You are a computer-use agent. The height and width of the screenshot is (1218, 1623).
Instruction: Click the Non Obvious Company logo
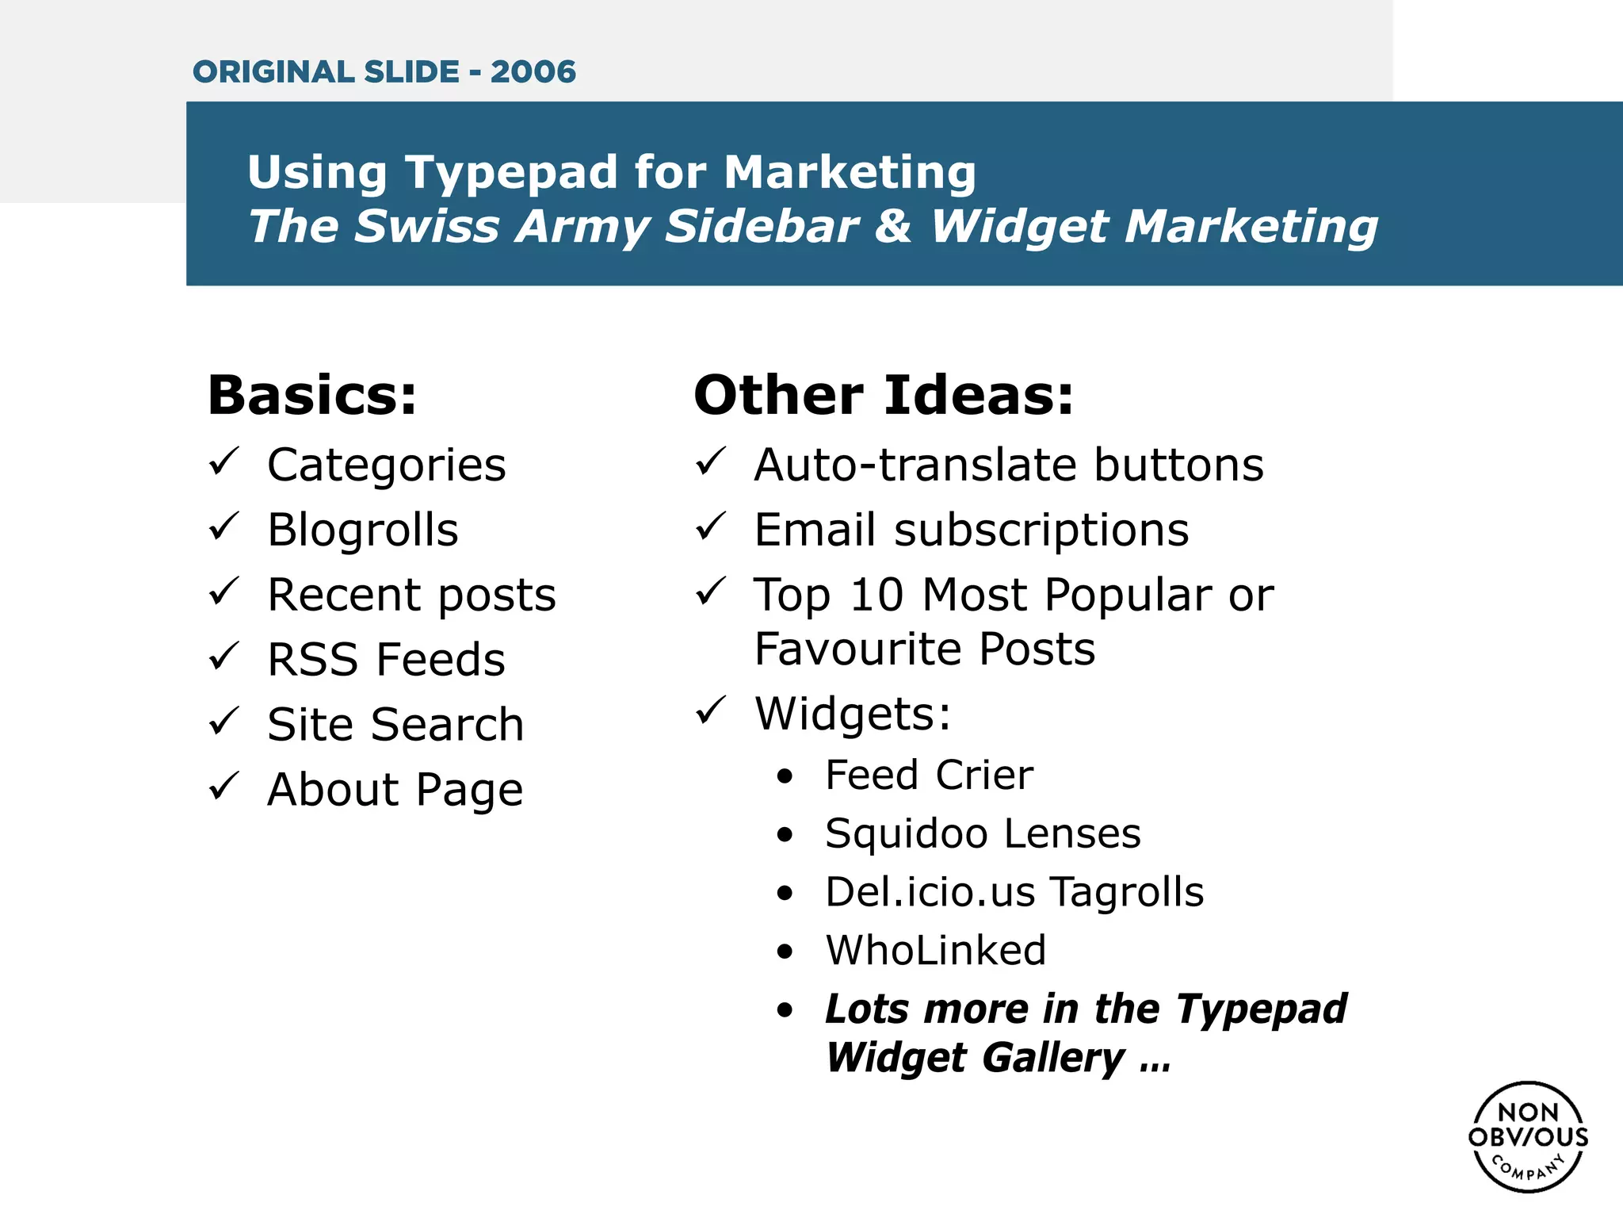pyautogui.click(x=1528, y=1136)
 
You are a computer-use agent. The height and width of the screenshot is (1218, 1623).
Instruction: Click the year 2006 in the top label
pyautogui.click(x=533, y=72)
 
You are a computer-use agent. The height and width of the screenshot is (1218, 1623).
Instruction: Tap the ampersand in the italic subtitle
pyautogui.click(x=893, y=226)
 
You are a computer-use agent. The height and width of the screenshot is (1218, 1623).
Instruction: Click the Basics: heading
pyautogui.click(x=311, y=395)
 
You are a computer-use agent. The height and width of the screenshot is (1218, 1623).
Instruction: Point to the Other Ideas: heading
pyautogui.click(x=884, y=395)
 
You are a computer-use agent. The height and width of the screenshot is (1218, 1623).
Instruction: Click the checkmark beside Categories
pyautogui.click(x=224, y=462)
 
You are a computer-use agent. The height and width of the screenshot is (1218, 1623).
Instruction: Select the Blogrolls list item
pyautogui.click(x=363, y=530)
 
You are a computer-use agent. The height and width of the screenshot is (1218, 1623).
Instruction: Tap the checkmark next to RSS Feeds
pyautogui.click(x=224, y=657)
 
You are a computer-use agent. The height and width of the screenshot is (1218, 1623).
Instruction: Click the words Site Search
pyautogui.click(x=395, y=725)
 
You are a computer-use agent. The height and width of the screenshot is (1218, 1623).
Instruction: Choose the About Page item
pyautogui.click(x=395, y=790)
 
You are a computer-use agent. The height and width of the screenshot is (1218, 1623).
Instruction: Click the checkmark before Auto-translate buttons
pyautogui.click(x=711, y=462)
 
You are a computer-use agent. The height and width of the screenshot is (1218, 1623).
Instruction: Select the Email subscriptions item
pyautogui.click(x=972, y=530)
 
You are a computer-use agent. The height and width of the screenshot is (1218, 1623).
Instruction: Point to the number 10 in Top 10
pyautogui.click(x=876, y=595)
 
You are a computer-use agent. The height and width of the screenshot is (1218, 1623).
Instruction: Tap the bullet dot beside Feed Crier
pyautogui.click(x=785, y=776)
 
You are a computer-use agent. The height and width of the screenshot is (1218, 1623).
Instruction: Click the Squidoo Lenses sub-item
pyautogui.click(x=983, y=834)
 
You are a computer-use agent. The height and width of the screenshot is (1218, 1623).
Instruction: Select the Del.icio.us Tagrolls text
pyautogui.click(x=1014, y=892)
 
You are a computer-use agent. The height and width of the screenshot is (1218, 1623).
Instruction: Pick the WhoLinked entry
pyautogui.click(x=936, y=950)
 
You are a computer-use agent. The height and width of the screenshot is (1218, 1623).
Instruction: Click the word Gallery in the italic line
pyautogui.click(x=1054, y=1059)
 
